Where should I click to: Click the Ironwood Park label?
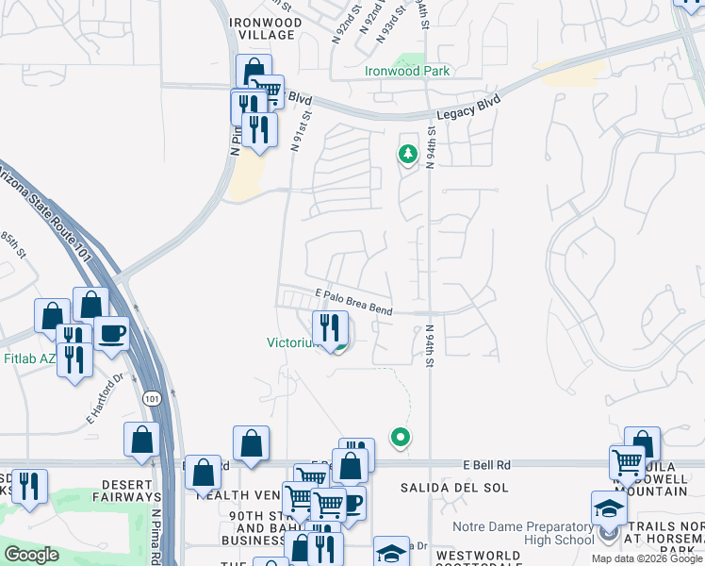coord(407,71)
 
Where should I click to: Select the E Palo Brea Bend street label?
coord(354,302)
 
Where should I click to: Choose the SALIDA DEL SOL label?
coord(454,488)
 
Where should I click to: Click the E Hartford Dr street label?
coord(106,399)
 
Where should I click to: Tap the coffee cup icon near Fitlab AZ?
coord(111,333)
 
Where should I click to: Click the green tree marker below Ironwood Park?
coord(407,154)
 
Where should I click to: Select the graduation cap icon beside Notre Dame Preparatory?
coord(609,508)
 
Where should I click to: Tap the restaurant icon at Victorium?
coord(330,328)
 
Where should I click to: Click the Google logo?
coord(31,555)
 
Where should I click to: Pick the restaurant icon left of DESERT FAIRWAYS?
coord(29,486)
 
